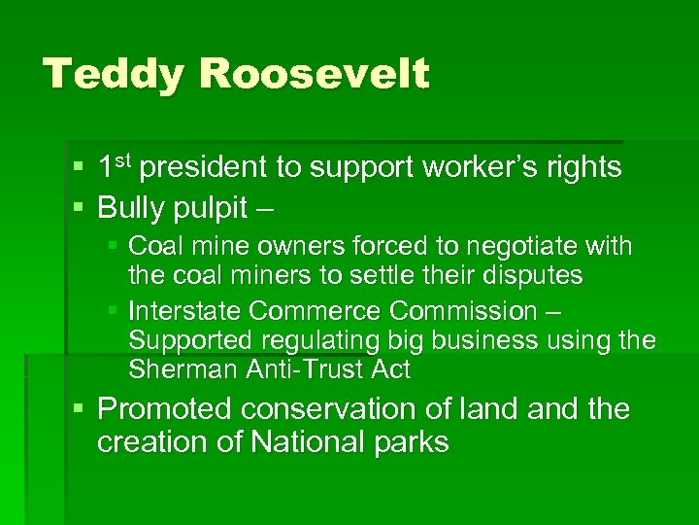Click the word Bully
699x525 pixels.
pos(133,207)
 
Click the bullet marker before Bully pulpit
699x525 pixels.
pos(81,207)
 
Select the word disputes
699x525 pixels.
pos(530,276)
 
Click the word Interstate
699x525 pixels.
pos(185,311)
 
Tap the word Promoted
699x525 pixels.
pos(167,409)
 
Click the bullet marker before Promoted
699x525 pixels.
pos(81,409)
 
